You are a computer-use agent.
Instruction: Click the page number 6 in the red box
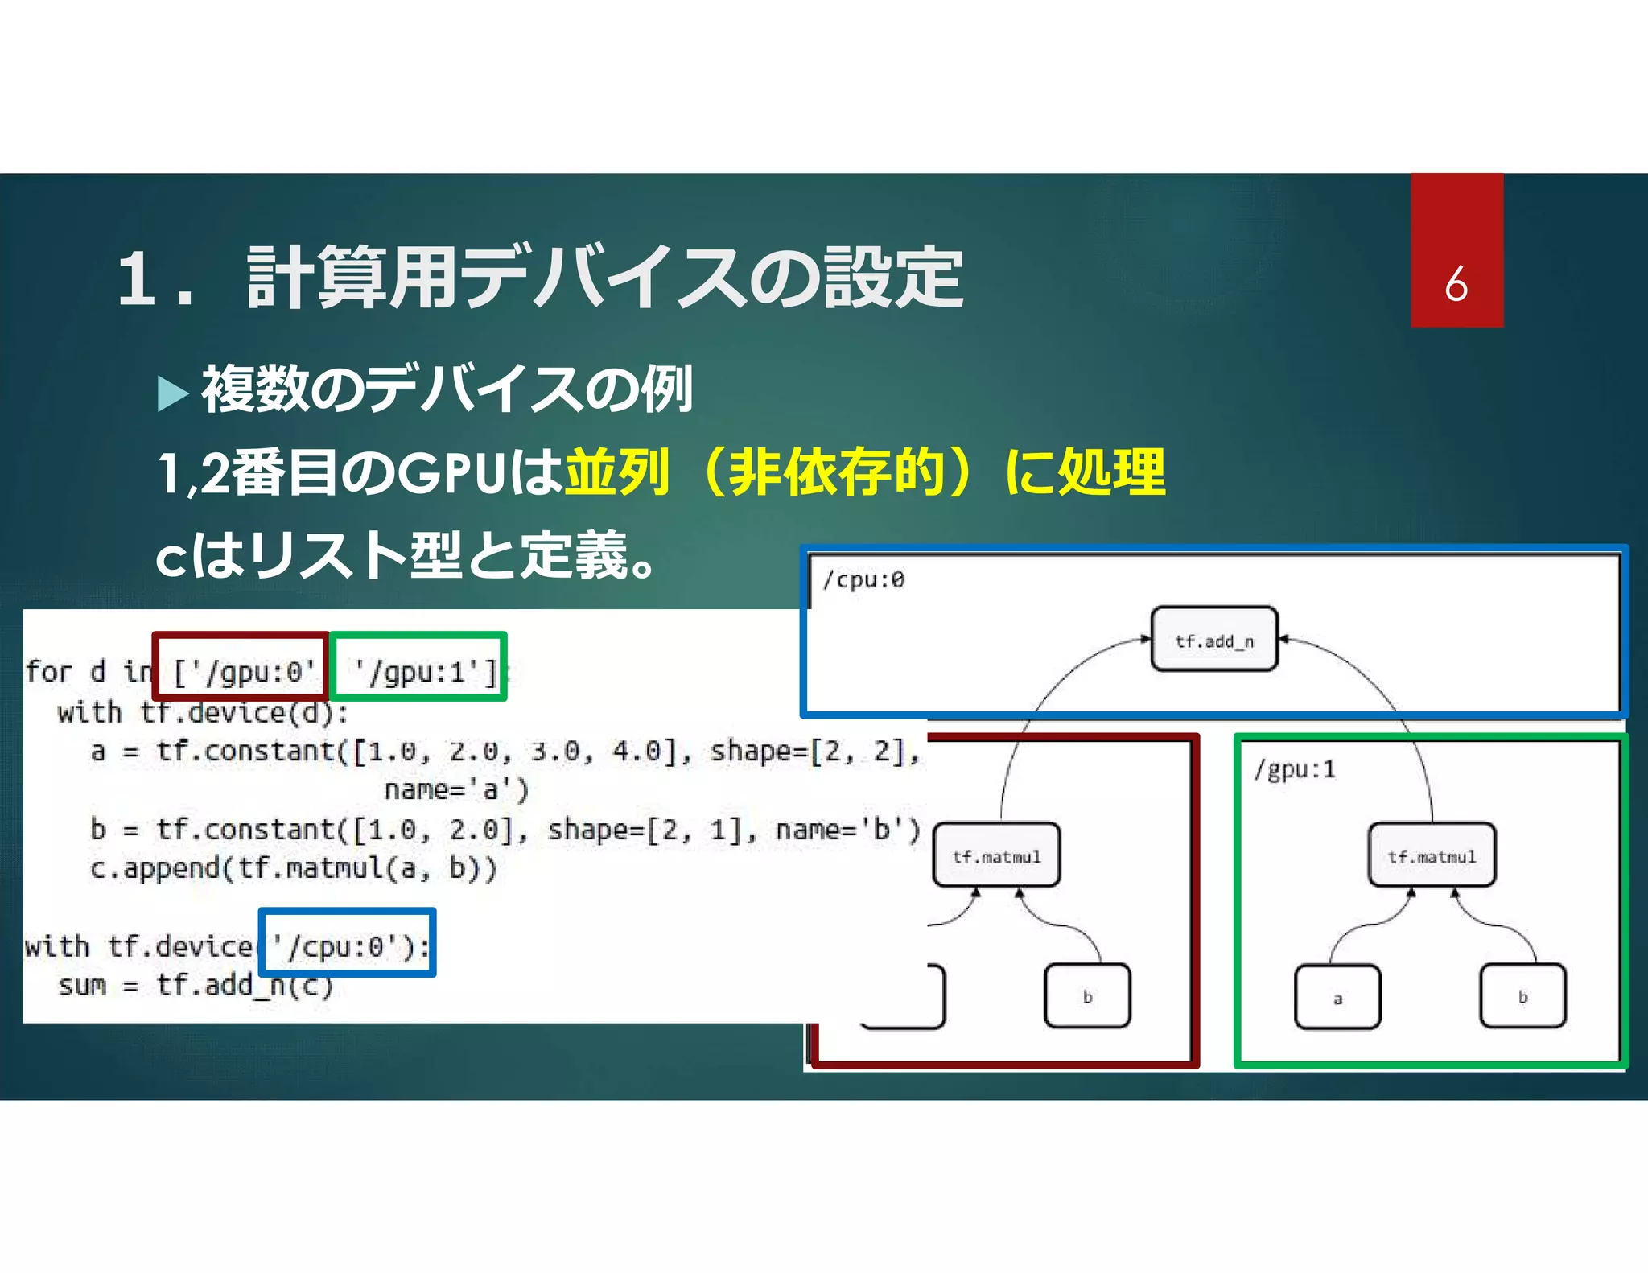point(1456,284)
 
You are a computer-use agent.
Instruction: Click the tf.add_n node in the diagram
point(1214,640)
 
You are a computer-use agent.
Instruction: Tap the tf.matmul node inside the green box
point(1432,855)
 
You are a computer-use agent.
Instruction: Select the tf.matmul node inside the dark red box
point(996,855)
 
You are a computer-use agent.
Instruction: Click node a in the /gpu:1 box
point(1337,998)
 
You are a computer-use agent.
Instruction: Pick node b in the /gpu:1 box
point(1522,996)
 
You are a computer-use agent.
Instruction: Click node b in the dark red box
point(1087,996)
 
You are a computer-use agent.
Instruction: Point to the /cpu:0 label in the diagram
point(863,579)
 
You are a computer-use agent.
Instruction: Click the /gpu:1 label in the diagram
point(1295,769)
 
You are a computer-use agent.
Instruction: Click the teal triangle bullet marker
point(172,393)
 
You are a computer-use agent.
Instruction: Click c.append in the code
point(154,867)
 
